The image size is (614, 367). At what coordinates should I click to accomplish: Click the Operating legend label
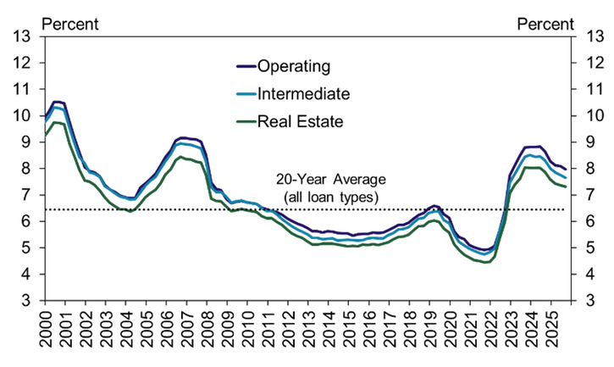click(294, 66)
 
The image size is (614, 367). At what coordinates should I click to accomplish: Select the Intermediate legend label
click(303, 94)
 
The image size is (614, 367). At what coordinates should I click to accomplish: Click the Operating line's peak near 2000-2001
click(57, 102)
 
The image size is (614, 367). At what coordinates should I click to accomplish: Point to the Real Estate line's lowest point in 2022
click(484, 263)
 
